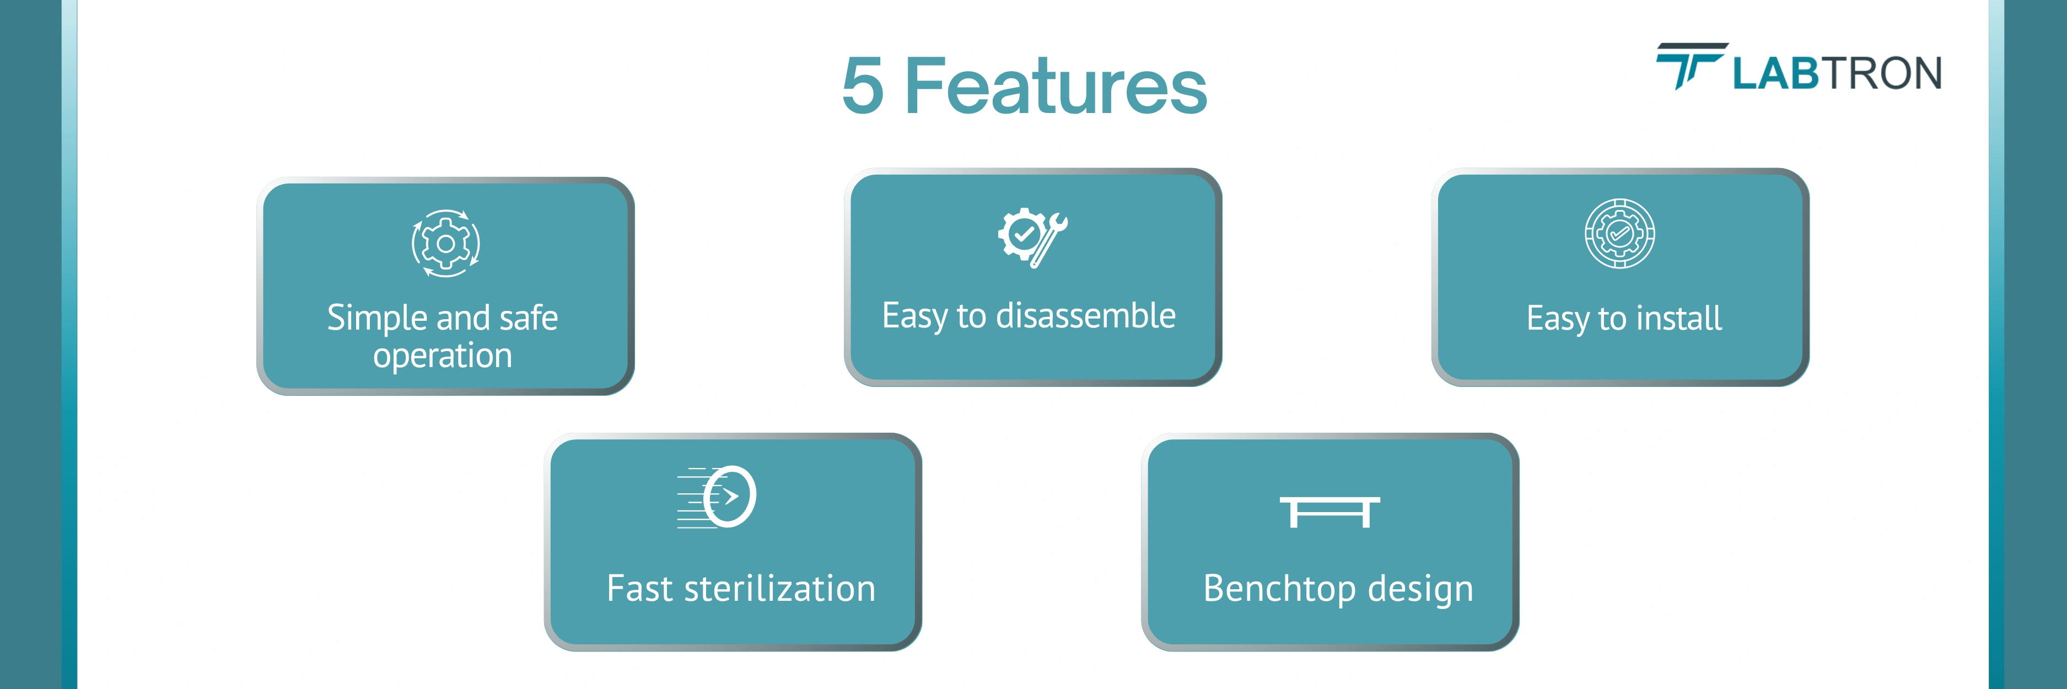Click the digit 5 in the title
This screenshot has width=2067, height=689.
(x=863, y=87)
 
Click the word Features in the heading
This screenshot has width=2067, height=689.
(x=1055, y=87)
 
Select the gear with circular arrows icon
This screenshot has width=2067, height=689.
(x=445, y=244)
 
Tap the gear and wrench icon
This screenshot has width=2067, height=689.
(x=1032, y=238)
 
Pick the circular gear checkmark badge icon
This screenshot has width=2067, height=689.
(x=1619, y=233)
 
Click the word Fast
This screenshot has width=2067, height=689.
(x=639, y=589)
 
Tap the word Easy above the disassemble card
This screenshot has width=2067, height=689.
(x=915, y=316)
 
